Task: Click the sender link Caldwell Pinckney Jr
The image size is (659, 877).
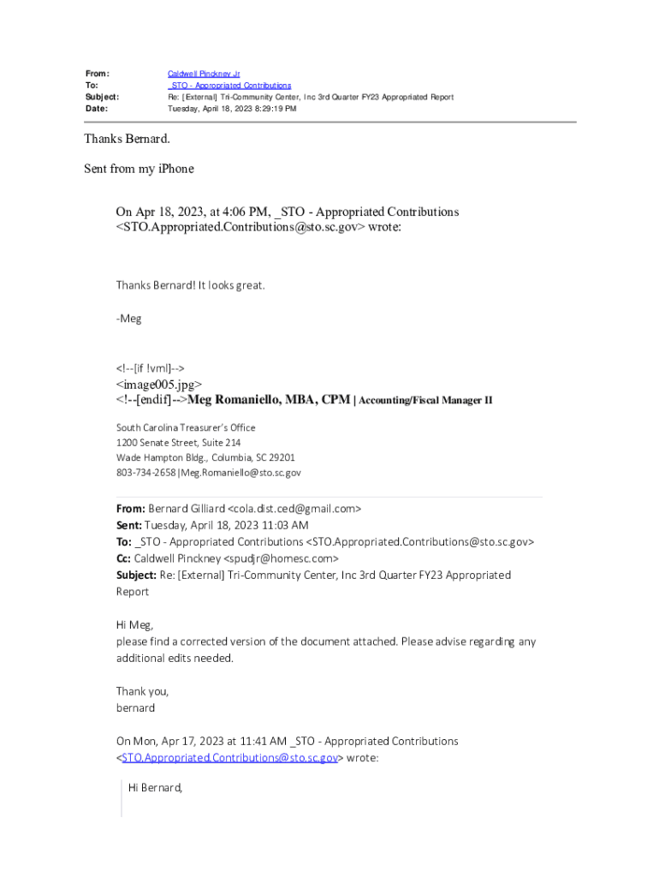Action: (204, 75)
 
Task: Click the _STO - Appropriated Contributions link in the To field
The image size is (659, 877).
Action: (229, 86)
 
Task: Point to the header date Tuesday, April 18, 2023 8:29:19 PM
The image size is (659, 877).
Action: (232, 109)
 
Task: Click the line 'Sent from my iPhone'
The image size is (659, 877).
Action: (139, 169)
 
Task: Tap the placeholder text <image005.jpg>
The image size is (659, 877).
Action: (159, 385)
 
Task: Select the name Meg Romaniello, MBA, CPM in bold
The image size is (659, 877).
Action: (269, 399)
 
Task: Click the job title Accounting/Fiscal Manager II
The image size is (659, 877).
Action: (425, 400)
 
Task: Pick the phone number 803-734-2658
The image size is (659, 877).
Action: (145, 473)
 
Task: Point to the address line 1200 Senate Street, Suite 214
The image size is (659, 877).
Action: (178, 443)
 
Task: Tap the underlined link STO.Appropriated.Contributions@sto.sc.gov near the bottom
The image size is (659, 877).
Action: (229, 758)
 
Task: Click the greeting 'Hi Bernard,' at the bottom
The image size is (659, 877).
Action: (156, 787)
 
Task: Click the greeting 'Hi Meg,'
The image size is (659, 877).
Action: (134, 625)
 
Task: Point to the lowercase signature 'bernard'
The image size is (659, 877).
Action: (135, 708)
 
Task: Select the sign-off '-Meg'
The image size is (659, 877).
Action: (129, 319)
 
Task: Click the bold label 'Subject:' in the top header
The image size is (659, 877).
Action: (102, 98)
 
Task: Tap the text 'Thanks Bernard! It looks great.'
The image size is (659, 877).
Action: (191, 285)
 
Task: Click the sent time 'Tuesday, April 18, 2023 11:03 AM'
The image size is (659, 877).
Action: (226, 525)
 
